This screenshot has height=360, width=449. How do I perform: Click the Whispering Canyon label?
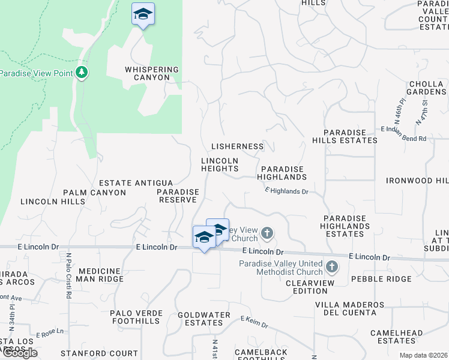[152, 73]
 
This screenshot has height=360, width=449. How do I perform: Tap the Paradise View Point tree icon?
[82, 73]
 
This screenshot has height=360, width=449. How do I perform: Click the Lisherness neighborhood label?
[238, 146]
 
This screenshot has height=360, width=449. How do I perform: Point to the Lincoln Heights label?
[220, 165]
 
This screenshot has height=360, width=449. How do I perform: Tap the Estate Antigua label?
[136, 183]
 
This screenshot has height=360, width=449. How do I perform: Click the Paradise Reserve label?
[178, 196]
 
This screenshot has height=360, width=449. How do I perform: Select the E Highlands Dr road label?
[286, 191]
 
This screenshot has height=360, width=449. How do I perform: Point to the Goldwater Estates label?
[204, 319]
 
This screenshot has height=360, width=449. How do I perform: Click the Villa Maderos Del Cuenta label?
[350, 308]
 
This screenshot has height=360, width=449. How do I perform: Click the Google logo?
[19, 352]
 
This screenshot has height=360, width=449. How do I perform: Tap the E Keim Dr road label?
[255, 323]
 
